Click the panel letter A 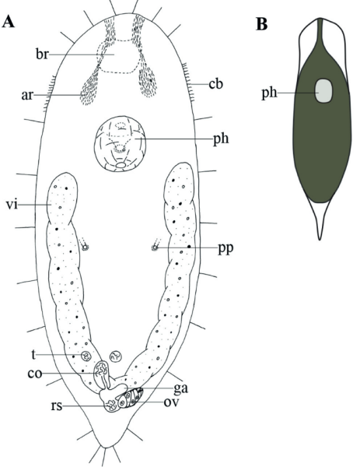(9, 22)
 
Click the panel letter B (262, 24)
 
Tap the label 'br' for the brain (42, 54)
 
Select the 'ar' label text (26, 95)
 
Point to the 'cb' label (215, 84)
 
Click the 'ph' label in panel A (221, 139)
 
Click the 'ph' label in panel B (269, 93)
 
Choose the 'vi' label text (12, 205)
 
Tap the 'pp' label (225, 249)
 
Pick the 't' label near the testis (33, 354)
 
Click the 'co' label (35, 374)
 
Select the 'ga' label (181, 388)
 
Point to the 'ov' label (171, 402)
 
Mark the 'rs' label (57, 406)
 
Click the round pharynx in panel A (121, 144)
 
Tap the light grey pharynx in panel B (323, 91)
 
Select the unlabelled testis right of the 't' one (116, 356)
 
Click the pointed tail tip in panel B (320, 239)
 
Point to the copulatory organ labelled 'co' (101, 370)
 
